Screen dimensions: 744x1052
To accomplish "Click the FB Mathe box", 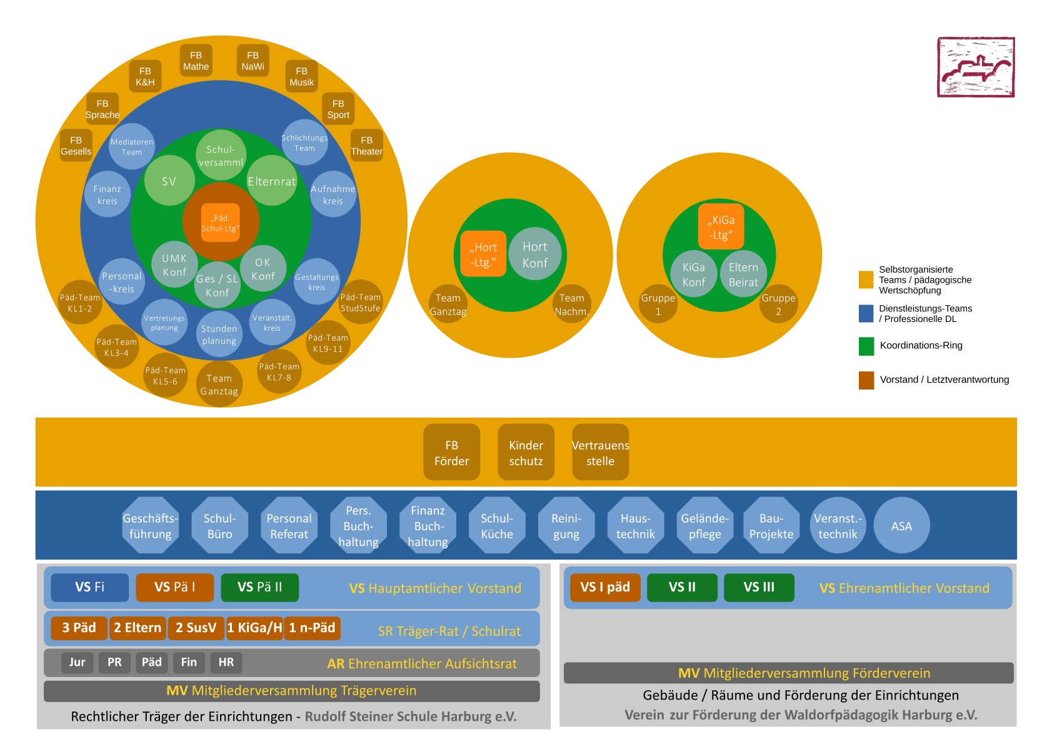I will [196, 61].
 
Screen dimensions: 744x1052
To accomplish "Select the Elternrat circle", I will [272, 181].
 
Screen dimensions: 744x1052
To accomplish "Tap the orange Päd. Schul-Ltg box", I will [221, 223].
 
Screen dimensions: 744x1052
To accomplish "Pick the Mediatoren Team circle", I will [132, 147].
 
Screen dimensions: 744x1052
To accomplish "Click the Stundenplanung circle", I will [219, 334].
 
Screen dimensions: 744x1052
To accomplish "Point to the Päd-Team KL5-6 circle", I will [166, 375].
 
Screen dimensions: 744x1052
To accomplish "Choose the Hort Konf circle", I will [535, 254].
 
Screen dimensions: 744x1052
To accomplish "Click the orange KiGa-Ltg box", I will [721, 227].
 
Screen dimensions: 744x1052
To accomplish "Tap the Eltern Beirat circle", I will [743, 274].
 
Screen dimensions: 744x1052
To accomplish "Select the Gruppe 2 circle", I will [778, 304].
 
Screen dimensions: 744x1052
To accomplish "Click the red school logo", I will [975, 67].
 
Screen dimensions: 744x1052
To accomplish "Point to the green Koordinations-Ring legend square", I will [866, 346].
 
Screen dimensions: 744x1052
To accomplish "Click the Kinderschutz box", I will [526, 453].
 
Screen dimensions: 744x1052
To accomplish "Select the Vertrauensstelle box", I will [600, 453].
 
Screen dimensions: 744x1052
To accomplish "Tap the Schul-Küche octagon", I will [497, 526].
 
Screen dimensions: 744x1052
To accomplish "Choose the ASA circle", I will [901, 526].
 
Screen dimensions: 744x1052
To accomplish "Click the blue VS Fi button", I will [90, 587].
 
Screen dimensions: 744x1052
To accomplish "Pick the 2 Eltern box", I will [138, 628].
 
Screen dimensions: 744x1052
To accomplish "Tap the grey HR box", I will [226, 662].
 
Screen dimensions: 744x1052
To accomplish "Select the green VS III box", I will [759, 587].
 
